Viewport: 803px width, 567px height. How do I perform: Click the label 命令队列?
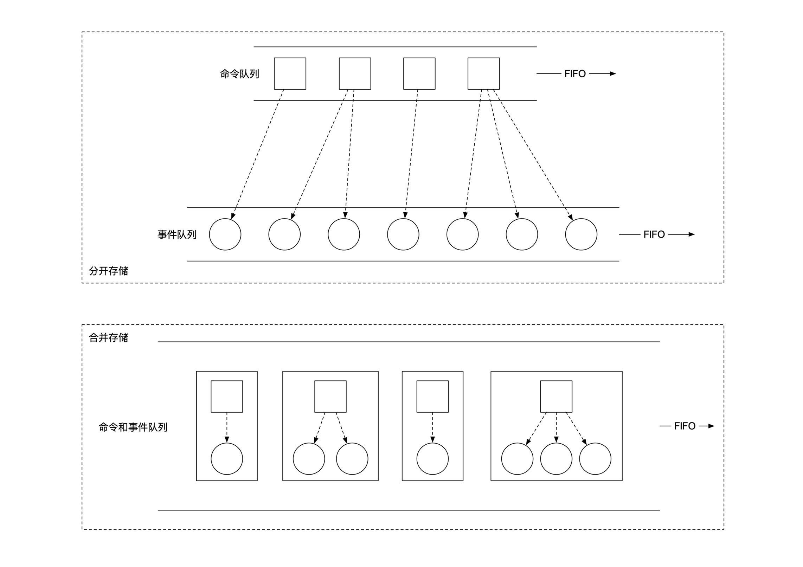239,74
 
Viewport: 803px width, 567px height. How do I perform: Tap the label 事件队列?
176,234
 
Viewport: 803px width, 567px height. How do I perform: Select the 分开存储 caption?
108,271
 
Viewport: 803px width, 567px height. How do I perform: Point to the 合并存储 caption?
108,337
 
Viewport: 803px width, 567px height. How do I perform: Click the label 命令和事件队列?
133,427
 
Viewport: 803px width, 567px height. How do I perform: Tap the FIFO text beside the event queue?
654,234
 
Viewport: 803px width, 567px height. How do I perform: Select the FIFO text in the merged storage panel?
684,426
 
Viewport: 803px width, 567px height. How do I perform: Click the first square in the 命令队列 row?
290,73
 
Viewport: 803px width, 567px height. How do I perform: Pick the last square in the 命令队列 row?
483,73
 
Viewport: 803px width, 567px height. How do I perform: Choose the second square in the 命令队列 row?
355,73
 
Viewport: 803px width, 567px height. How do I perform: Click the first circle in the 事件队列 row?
225,234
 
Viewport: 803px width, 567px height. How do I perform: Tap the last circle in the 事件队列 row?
581,234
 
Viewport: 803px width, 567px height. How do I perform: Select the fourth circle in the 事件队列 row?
403,234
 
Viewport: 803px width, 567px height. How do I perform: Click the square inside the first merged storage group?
227,396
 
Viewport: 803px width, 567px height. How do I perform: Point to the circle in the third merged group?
432,459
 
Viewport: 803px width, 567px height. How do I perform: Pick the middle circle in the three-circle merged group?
556,459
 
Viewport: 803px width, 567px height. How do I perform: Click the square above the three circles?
556,396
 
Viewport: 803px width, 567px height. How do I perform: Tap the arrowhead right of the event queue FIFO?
691,234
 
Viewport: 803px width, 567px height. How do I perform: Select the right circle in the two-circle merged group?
352,459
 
